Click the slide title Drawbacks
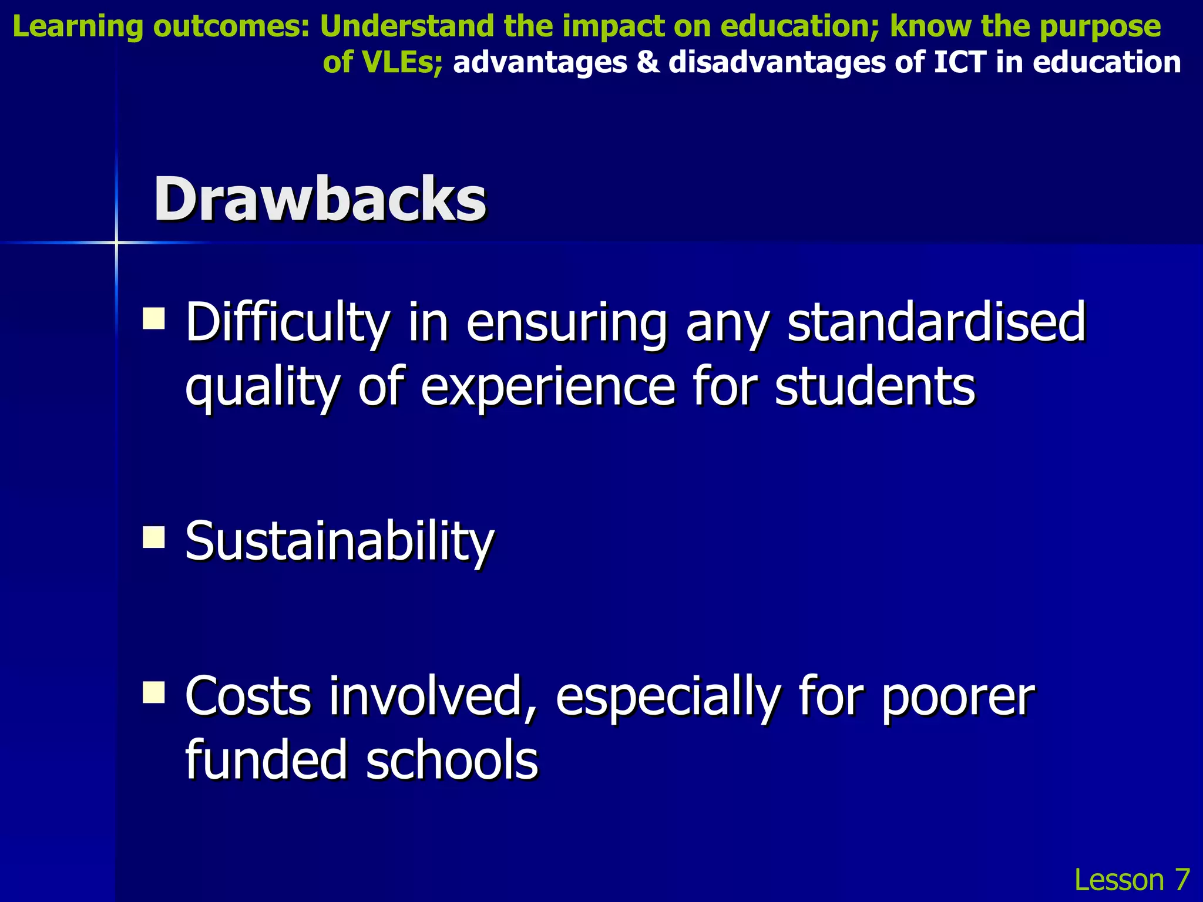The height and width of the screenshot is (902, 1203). [320, 200]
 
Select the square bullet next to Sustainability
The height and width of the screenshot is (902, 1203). [154, 537]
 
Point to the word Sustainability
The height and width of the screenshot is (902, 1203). [340, 540]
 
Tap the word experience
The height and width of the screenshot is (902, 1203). [547, 387]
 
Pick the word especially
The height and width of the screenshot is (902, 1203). [667, 697]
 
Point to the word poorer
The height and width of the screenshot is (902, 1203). [957, 697]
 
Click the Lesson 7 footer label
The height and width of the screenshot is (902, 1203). [1131, 879]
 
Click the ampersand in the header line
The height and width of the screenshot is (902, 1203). [648, 62]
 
